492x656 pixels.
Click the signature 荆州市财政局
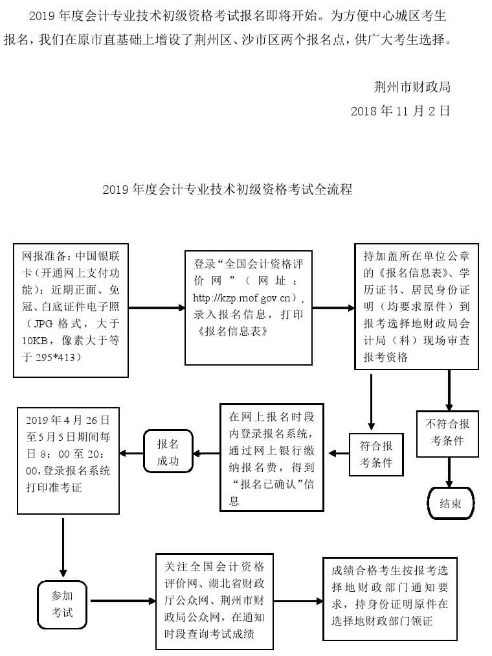[412, 87]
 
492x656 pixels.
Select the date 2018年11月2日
[400, 111]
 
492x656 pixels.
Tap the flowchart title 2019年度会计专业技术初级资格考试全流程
[227, 190]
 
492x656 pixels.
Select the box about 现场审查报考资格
[416, 307]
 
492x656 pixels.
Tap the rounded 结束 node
[451, 503]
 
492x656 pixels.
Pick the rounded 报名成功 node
[168, 452]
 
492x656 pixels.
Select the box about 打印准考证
[67, 460]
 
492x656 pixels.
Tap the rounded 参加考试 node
[62, 603]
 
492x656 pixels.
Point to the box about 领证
[390, 598]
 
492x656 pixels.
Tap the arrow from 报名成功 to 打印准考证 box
[132, 452]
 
